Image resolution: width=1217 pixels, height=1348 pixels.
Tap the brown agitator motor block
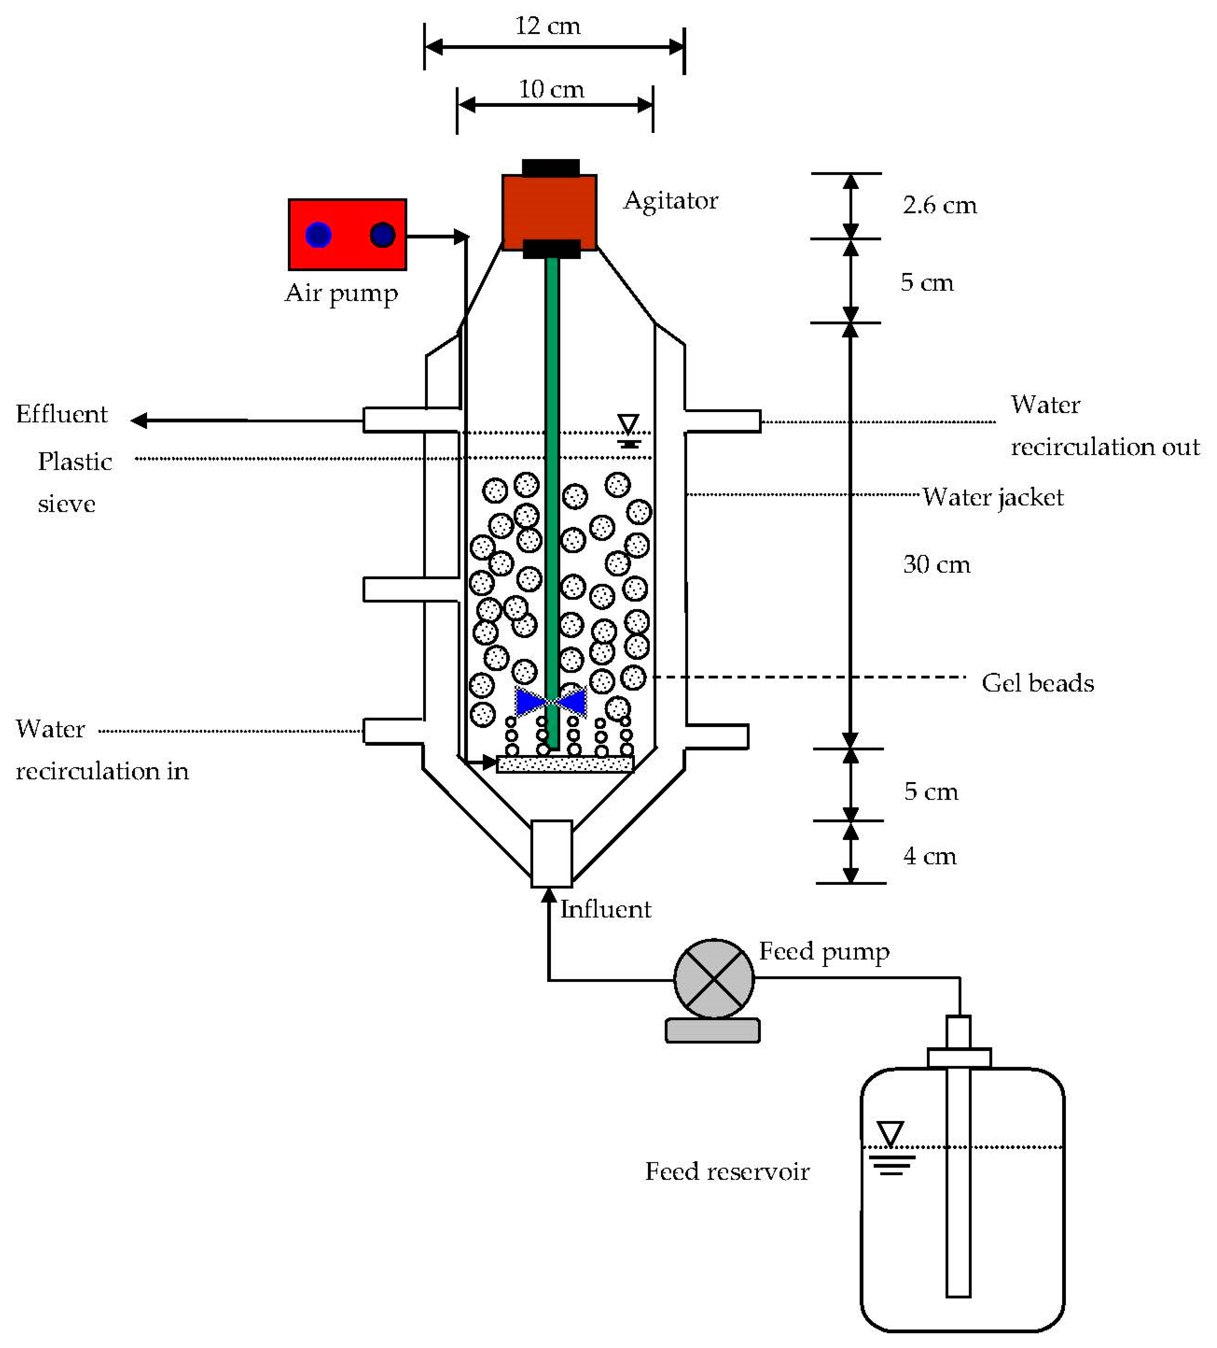pos(549,212)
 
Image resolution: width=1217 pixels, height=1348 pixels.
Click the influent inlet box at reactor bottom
pos(552,854)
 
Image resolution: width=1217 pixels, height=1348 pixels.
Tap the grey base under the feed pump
pos(713,1030)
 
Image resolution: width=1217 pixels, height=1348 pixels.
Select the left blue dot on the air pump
pos(318,235)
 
